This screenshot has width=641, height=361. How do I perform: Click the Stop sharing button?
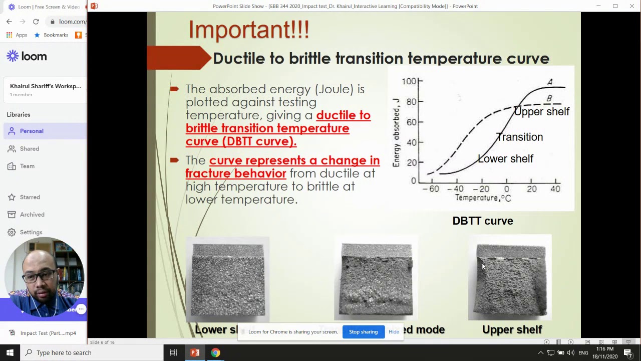pos(363,332)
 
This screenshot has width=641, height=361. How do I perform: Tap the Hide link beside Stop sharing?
pos(394,332)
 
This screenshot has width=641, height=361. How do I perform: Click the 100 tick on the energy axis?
pos(409,81)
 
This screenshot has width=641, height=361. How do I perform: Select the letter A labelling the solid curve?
pos(550,82)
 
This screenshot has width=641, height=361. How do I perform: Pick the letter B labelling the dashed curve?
pos(549,99)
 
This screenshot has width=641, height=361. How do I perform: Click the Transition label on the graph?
pos(519,137)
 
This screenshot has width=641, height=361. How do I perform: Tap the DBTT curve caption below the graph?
pos(482,221)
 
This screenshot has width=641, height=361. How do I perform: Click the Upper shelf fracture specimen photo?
pos(510,281)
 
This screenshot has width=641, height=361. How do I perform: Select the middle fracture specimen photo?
pos(377,280)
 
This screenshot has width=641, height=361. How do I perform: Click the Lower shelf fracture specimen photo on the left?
pos(228,280)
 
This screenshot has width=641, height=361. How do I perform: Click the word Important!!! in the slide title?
pos(249,30)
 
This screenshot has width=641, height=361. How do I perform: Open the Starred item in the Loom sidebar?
pos(30,197)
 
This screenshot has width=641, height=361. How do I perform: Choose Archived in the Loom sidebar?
pos(32,215)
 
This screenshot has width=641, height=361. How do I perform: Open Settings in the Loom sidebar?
pos(31,232)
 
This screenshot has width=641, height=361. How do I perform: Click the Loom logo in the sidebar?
pos(27,56)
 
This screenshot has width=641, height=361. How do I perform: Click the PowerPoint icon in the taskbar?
pos(195,352)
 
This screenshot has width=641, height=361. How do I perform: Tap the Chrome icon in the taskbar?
pos(215,352)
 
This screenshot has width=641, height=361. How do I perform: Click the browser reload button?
pos(36,22)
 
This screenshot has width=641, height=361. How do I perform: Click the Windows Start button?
pos(10,352)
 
